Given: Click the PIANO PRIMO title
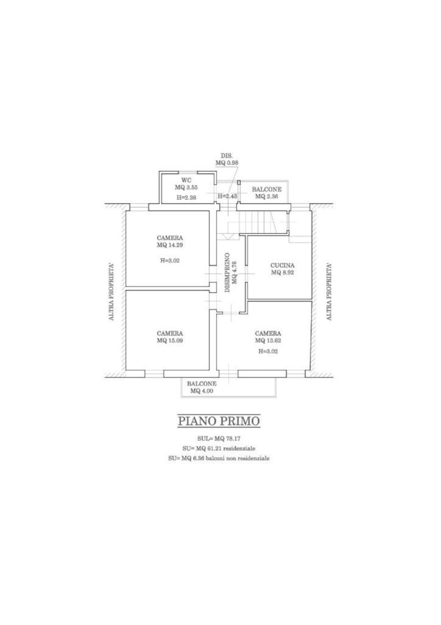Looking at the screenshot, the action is [x=219, y=421].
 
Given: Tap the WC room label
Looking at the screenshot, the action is [x=186, y=180].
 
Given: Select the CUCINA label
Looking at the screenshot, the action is [x=283, y=266].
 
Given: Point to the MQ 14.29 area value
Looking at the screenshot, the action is [x=170, y=245].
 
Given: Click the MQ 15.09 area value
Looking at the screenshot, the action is [x=170, y=341].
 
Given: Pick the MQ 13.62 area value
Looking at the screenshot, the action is [x=268, y=341].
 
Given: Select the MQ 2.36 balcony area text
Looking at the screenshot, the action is [x=266, y=197].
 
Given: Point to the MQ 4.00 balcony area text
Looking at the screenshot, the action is [x=202, y=391].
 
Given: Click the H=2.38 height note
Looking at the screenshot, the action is [x=186, y=197].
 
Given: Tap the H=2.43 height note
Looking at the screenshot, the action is [x=228, y=196].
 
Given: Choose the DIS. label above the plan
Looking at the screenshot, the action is [x=227, y=156].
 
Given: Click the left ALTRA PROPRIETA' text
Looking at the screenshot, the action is [x=112, y=291].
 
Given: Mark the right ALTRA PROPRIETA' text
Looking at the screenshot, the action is [x=329, y=291].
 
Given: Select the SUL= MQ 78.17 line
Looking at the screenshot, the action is [x=219, y=439].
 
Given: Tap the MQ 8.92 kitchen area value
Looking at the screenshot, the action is [x=283, y=273].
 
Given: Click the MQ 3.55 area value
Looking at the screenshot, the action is [x=186, y=187].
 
